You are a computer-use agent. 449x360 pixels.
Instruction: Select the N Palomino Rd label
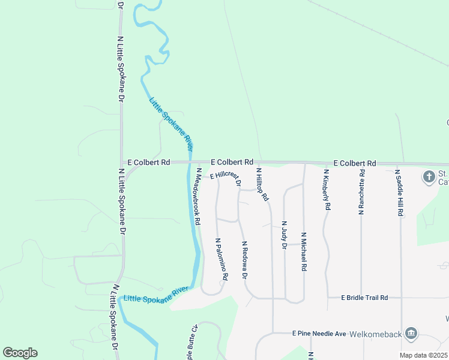tap(221, 259)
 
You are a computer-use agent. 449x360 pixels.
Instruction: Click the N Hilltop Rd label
tap(261, 185)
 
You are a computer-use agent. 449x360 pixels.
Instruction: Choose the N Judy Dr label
tap(283, 235)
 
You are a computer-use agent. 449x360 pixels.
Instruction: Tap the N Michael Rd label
tap(304, 252)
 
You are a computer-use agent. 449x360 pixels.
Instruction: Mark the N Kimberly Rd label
tap(327, 190)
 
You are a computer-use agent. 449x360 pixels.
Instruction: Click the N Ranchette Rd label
tap(361, 191)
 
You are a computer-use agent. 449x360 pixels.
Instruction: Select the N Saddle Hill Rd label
tap(399, 193)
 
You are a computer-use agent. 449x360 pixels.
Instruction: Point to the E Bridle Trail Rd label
tap(364, 298)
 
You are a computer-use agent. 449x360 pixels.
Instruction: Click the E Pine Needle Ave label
tap(319, 334)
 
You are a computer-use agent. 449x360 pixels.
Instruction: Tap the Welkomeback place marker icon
tap(411, 333)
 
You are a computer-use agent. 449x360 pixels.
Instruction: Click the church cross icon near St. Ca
tap(429, 177)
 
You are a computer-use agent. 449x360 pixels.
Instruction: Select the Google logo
tap(20, 353)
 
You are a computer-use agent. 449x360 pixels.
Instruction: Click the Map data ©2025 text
tap(423, 355)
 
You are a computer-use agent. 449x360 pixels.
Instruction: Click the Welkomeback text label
tap(380, 334)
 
